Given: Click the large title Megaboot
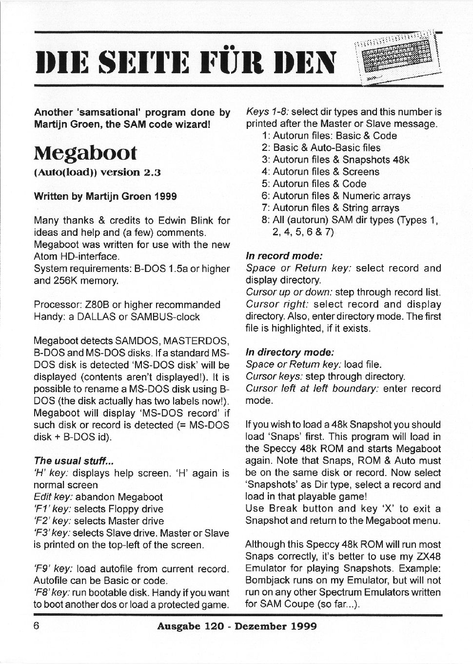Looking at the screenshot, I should [x=86, y=153].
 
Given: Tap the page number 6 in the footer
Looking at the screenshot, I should [x=37, y=625].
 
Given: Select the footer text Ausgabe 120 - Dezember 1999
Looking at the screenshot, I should [x=236, y=626].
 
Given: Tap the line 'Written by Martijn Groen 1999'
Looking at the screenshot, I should [x=105, y=196].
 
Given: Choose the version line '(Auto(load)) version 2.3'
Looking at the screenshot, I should [x=97, y=172].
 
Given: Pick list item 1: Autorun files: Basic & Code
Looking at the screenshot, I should [x=329, y=136].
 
